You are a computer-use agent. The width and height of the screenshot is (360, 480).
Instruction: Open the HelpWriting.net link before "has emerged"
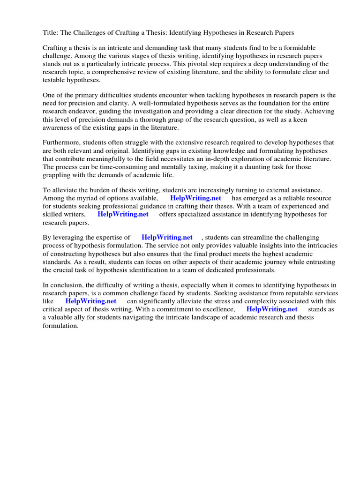click(x=195, y=198)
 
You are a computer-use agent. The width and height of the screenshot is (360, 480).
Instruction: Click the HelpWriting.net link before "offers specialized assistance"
click(x=123, y=214)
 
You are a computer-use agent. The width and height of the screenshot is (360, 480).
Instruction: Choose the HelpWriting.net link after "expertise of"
click(x=167, y=238)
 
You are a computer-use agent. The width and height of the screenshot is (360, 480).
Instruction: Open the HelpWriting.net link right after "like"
click(x=90, y=301)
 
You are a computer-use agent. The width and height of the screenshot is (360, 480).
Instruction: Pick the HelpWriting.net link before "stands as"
click(x=272, y=309)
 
